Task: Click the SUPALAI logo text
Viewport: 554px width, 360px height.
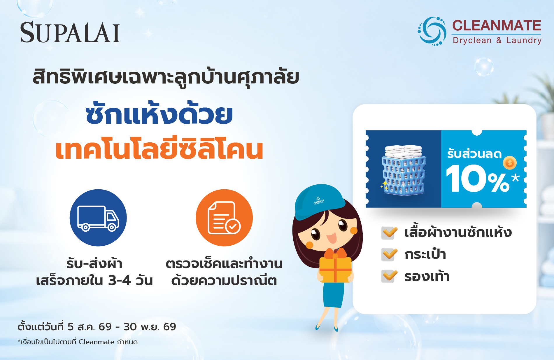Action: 70,32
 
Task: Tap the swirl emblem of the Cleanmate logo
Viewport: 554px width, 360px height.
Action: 432,31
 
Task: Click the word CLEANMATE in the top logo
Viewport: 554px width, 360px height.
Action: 497,25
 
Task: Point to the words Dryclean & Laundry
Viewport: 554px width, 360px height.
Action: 497,40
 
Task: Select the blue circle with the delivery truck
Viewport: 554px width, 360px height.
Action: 98,218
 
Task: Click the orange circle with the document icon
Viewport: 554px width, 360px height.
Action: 224,218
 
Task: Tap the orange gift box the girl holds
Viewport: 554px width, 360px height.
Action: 335,267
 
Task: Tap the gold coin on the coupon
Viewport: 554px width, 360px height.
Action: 510,163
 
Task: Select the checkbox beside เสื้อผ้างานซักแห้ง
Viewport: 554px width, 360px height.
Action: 389,233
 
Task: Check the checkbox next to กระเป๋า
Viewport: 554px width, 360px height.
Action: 389,254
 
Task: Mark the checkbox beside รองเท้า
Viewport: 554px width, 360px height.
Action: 389,276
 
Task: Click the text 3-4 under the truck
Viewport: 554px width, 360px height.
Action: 119,280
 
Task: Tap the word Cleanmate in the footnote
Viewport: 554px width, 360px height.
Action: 97,342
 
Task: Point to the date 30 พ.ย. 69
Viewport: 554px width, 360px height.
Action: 150,327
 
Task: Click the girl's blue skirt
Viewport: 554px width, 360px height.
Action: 334,295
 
